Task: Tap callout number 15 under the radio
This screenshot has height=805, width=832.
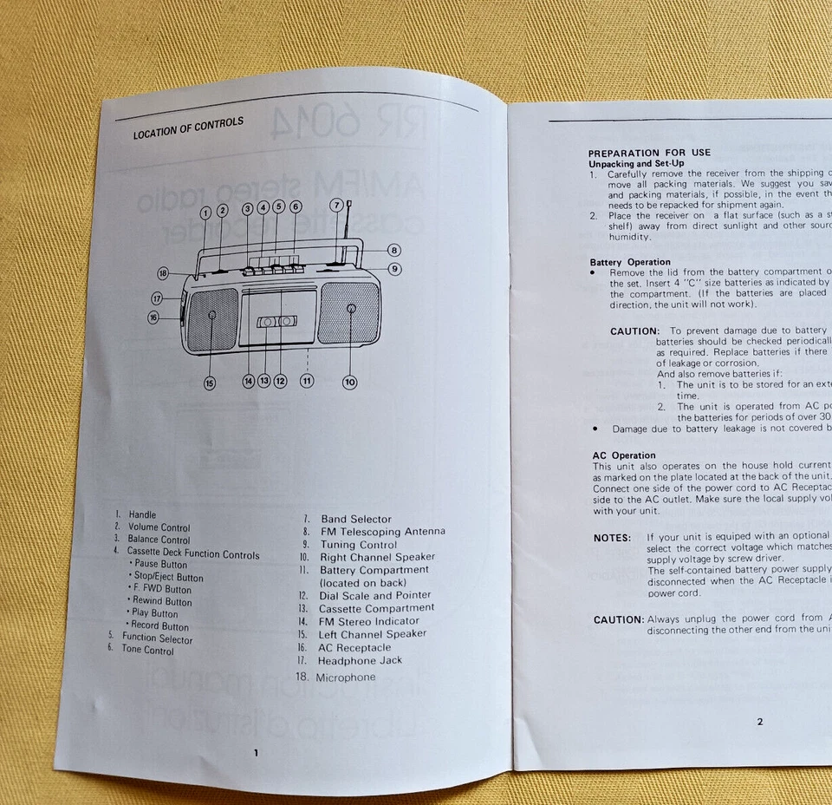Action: [x=209, y=383]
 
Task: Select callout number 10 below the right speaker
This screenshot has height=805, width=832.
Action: [x=349, y=381]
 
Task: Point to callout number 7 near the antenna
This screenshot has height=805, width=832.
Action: [x=335, y=206]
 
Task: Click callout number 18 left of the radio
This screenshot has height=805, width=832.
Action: [x=163, y=274]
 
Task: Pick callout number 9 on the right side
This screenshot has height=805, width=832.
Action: [x=394, y=269]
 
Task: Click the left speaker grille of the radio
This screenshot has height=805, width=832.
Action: [x=212, y=320]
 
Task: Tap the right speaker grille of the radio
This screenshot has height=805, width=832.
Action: [x=350, y=311]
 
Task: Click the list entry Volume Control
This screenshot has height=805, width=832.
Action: [x=159, y=527]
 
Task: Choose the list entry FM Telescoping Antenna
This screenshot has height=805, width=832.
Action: [x=380, y=532]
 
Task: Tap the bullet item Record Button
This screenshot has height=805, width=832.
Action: [x=161, y=626]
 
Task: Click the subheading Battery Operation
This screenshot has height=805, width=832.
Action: [x=630, y=262]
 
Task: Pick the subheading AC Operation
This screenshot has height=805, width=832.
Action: [x=624, y=455]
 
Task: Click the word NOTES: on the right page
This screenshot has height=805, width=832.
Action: [x=612, y=538]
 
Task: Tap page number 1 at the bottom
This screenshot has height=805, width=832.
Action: [x=256, y=753]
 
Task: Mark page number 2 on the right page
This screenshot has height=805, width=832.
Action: [x=760, y=721]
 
